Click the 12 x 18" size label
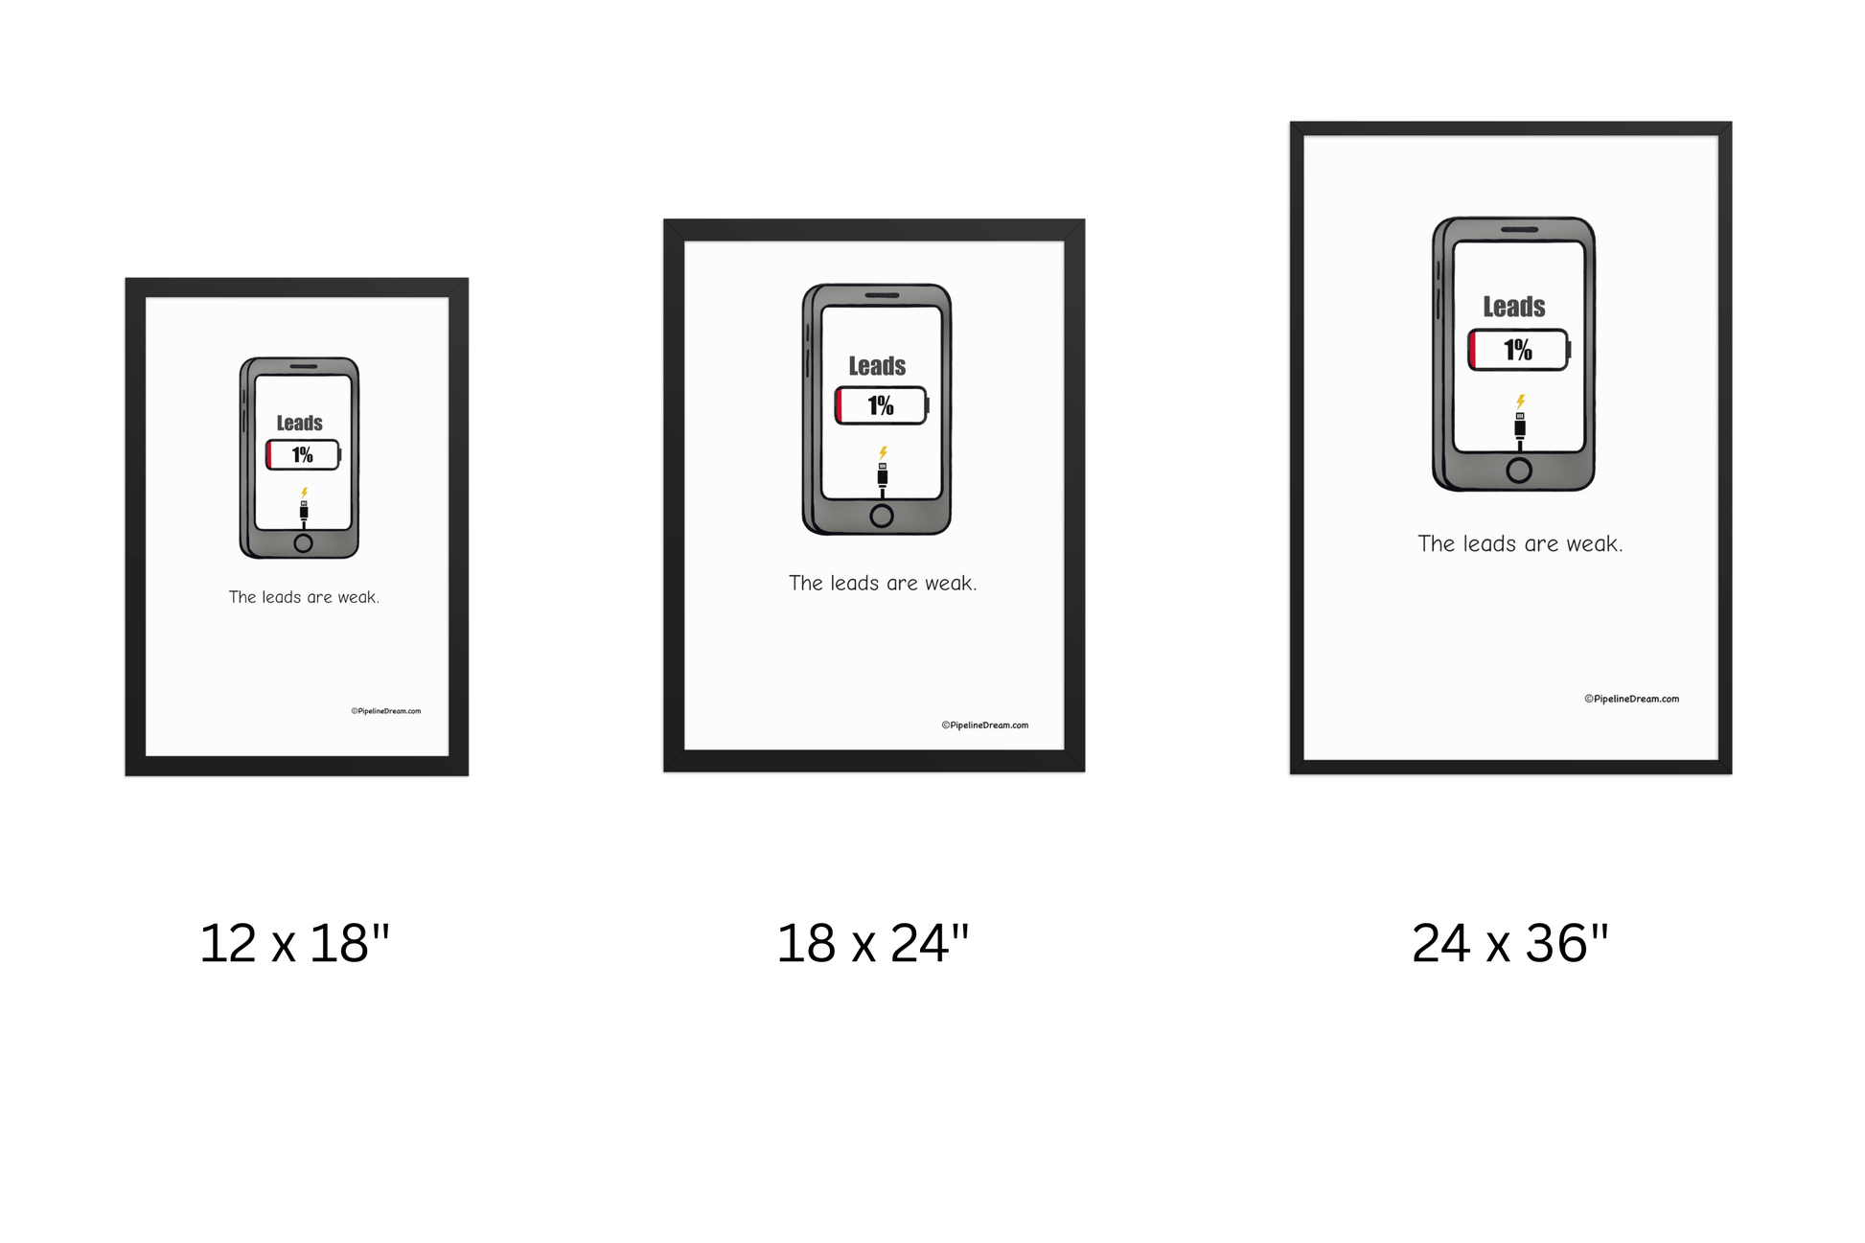pyautogui.click(x=294, y=943)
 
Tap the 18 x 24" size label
pyautogui.click(x=872, y=943)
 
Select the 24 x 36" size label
pyautogui.click(x=1509, y=943)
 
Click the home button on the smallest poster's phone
pyautogui.click(x=303, y=543)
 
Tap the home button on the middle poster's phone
pyautogui.click(x=882, y=517)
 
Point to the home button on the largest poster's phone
pyautogui.click(x=1519, y=470)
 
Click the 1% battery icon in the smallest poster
pyautogui.click(x=303, y=455)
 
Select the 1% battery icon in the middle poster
pyautogui.click(x=881, y=405)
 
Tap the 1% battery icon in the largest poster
pyautogui.click(x=1518, y=350)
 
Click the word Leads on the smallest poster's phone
pyautogui.click(x=300, y=424)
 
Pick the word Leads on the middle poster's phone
pyautogui.click(x=877, y=366)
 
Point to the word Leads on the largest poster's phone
pyautogui.click(x=1514, y=307)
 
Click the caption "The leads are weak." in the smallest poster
pyautogui.click(x=304, y=597)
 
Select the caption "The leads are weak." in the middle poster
pyautogui.click(x=883, y=583)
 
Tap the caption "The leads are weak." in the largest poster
pyautogui.click(x=1520, y=543)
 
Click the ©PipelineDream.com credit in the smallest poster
pyautogui.click(x=386, y=711)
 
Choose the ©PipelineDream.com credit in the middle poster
pyautogui.click(x=985, y=725)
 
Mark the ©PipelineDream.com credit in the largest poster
pyautogui.click(x=1631, y=699)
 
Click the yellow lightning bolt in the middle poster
pyautogui.click(x=884, y=452)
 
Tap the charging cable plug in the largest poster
pyautogui.click(x=1520, y=426)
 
